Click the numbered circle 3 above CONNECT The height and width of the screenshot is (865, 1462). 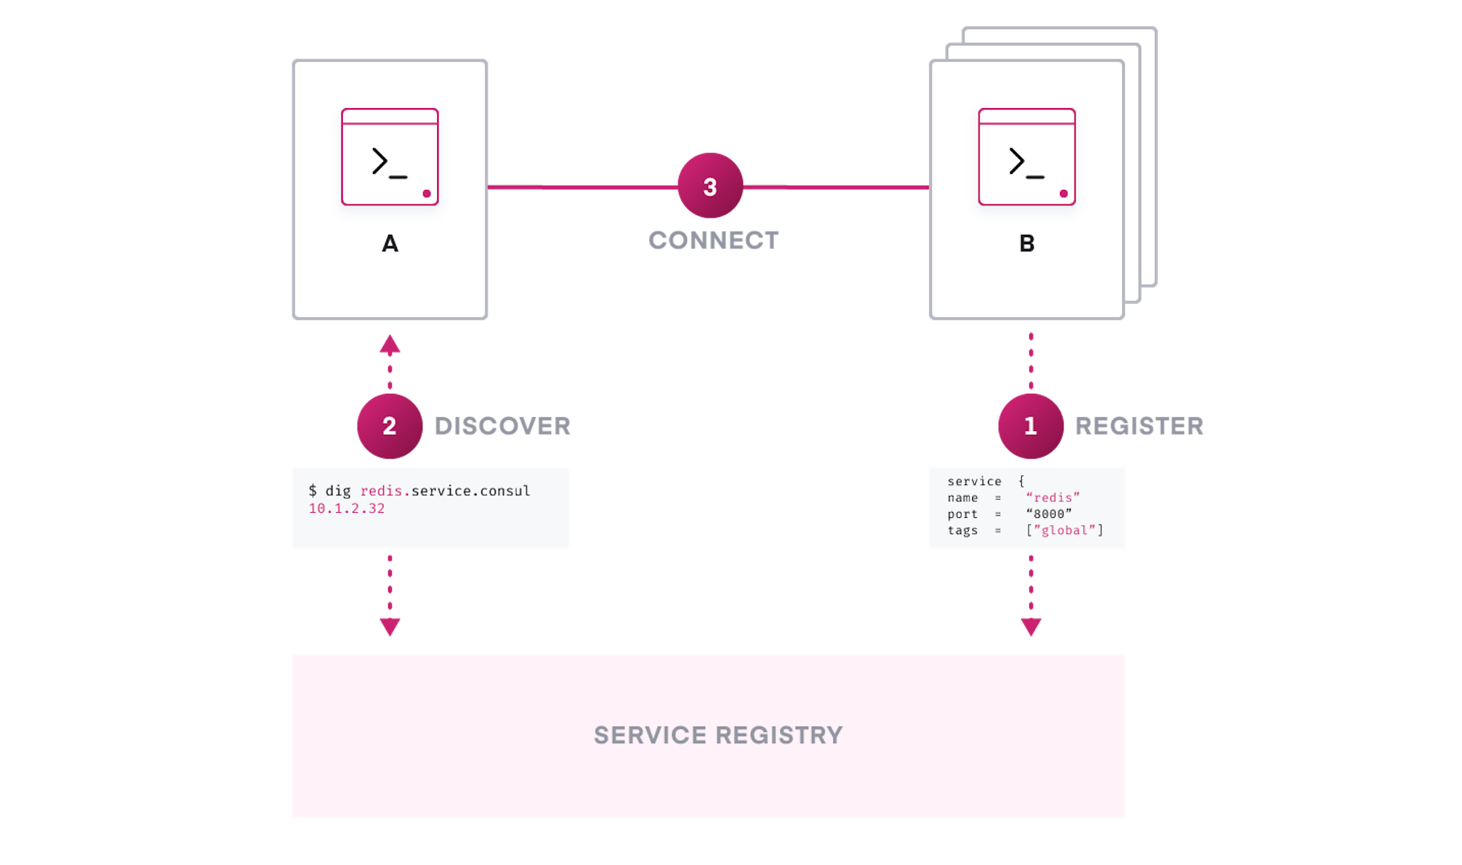pyautogui.click(x=710, y=186)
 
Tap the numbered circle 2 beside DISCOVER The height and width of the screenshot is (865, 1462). pyautogui.click(x=390, y=426)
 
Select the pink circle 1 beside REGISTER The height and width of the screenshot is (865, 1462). pyautogui.click(x=1030, y=426)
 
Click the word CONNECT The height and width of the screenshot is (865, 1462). pyautogui.click(x=713, y=240)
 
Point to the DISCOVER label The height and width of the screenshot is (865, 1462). pyautogui.click(x=502, y=426)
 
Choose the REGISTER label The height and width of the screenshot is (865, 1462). pyautogui.click(x=1138, y=426)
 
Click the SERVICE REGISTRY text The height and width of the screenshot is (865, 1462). pyautogui.click(x=718, y=735)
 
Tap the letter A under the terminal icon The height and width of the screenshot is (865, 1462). pyautogui.click(x=390, y=243)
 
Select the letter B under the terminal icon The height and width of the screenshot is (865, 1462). pyautogui.click(x=1026, y=243)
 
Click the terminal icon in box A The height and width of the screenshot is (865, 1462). pyautogui.click(x=390, y=157)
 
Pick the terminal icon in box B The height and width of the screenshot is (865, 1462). pyautogui.click(x=1026, y=157)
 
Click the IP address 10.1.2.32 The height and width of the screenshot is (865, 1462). pyautogui.click(x=346, y=508)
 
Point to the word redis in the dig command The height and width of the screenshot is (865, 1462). pyautogui.click(x=381, y=491)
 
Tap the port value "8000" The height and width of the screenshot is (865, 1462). pyautogui.click(x=1049, y=514)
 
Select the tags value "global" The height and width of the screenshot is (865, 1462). pyautogui.click(x=1064, y=530)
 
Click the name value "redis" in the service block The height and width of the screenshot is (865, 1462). pyautogui.click(x=1053, y=498)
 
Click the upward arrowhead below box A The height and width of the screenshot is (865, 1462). pyautogui.click(x=390, y=344)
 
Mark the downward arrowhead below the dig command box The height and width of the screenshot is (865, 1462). pyautogui.click(x=390, y=627)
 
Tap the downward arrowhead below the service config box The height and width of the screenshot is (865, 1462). pyautogui.click(x=1031, y=627)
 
